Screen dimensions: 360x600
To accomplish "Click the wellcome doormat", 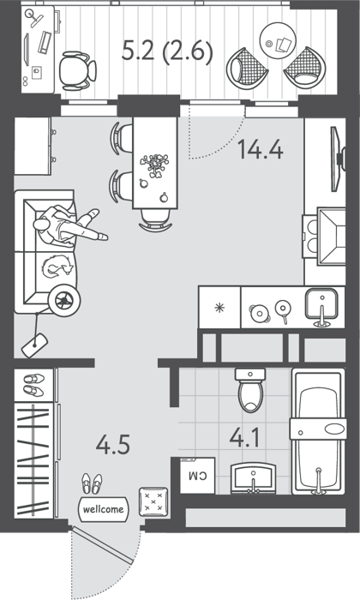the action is [x=104, y=509].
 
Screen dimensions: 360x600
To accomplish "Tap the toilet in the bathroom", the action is [x=250, y=390].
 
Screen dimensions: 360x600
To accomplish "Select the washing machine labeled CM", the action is [x=198, y=476].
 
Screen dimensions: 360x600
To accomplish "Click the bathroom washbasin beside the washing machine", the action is [x=253, y=478].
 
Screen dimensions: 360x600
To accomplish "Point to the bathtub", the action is [x=318, y=431].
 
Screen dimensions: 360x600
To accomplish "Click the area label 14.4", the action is [x=261, y=150].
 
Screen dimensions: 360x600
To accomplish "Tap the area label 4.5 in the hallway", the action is [x=113, y=445].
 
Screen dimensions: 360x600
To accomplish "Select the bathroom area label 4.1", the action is [x=244, y=438].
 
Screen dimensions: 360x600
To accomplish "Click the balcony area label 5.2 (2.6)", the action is [x=167, y=51].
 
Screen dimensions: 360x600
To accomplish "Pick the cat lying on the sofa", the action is [x=57, y=267].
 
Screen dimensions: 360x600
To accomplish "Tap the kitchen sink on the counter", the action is [x=321, y=307].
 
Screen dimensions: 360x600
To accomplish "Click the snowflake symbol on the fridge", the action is [x=219, y=308].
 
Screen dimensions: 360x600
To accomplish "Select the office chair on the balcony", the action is [x=78, y=71].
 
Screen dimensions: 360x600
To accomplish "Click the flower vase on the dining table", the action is [x=155, y=165].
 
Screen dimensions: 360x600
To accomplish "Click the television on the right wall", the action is [x=339, y=159].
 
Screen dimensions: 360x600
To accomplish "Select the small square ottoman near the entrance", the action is [x=153, y=501].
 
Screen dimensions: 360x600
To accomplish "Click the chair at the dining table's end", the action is [x=155, y=220].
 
